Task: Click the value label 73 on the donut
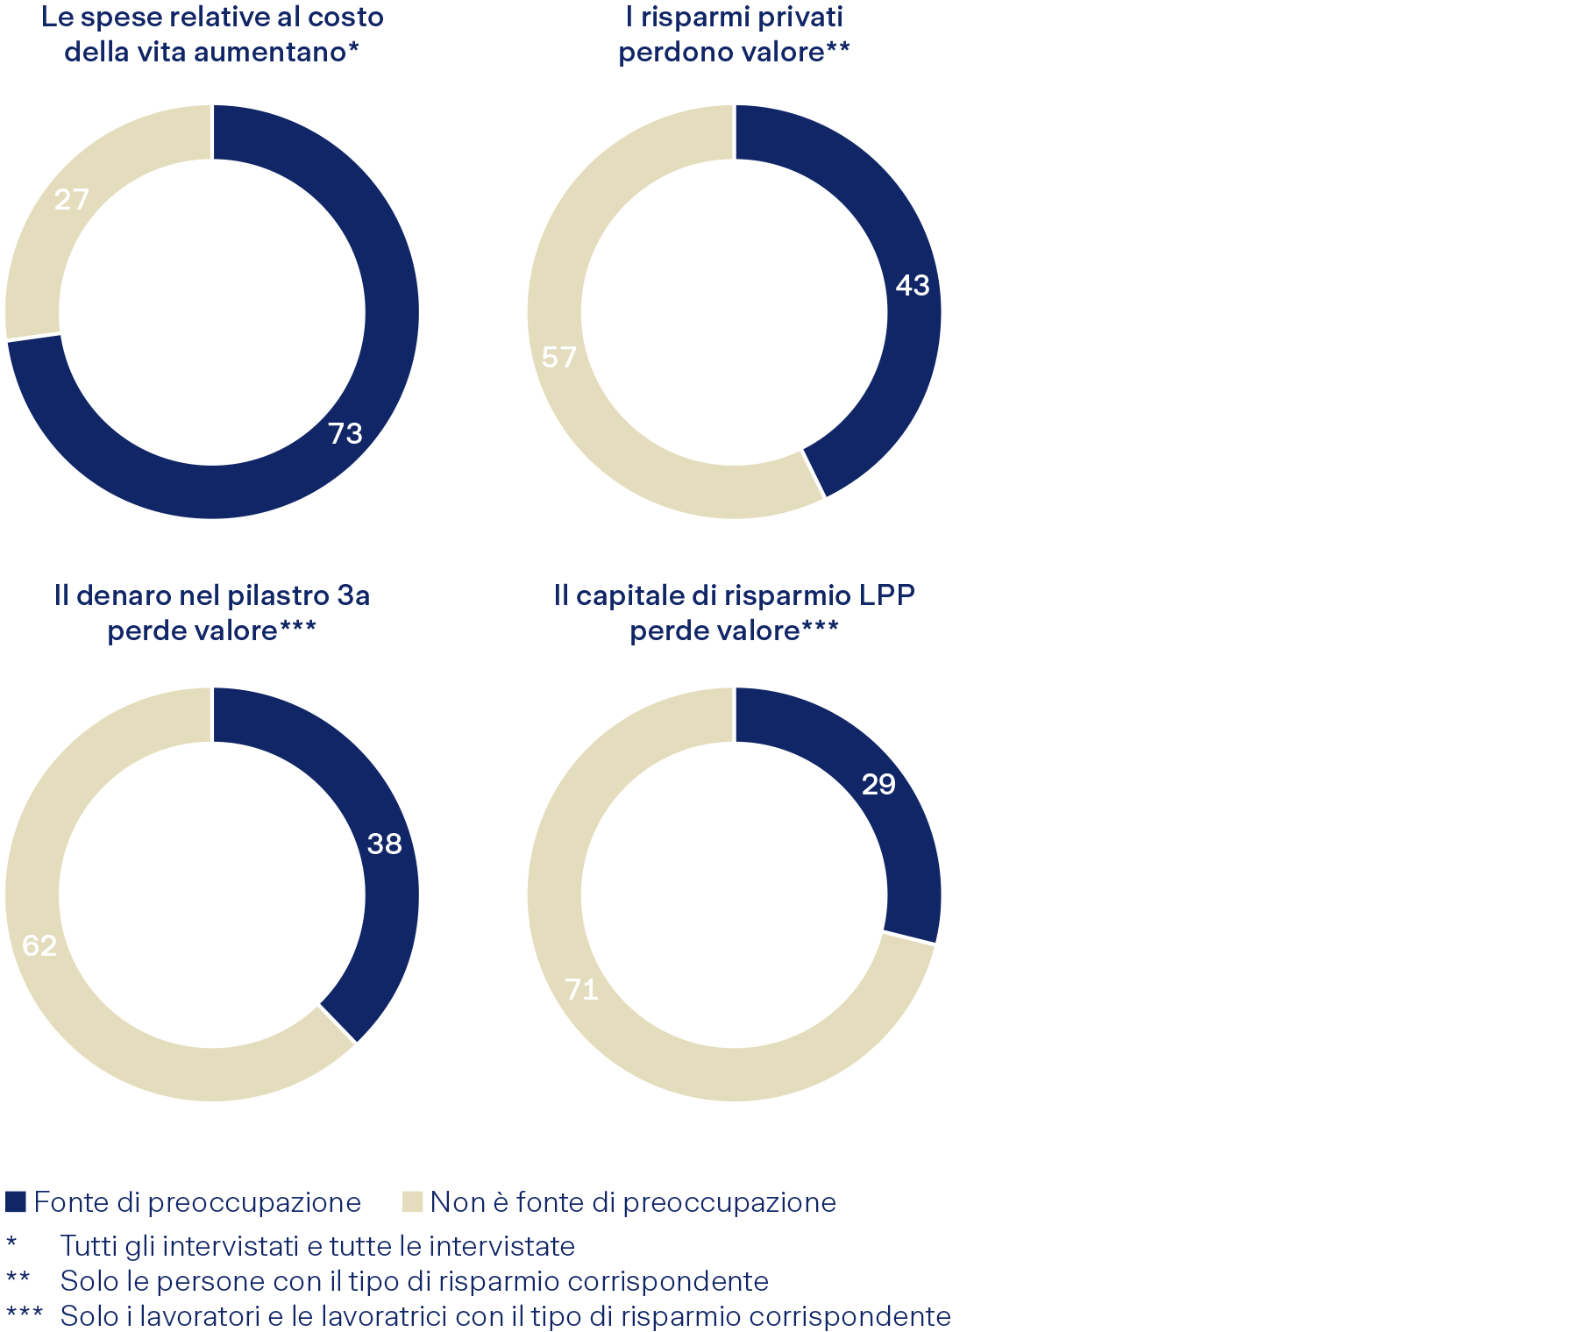tap(345, 433)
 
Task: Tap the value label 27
tap(72, 200)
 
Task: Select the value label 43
tap(912, 285)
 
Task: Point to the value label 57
tap(559, 357)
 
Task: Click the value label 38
tap(384, 844)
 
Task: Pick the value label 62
tap(39, 945)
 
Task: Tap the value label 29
tap(878, 784)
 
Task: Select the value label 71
tap(582, 989)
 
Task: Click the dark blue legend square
tap(16, 1201)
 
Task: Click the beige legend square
tap(412, 1201)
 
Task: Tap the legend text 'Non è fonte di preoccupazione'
tap(633, 1201)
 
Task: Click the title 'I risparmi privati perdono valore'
tap(734, 34)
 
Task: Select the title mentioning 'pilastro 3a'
tap(212, 612)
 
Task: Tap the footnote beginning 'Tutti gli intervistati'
tap(317, 1245)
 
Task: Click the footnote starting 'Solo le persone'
tap(414, 1281)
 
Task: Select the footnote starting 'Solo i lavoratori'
tap(505, 1316)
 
